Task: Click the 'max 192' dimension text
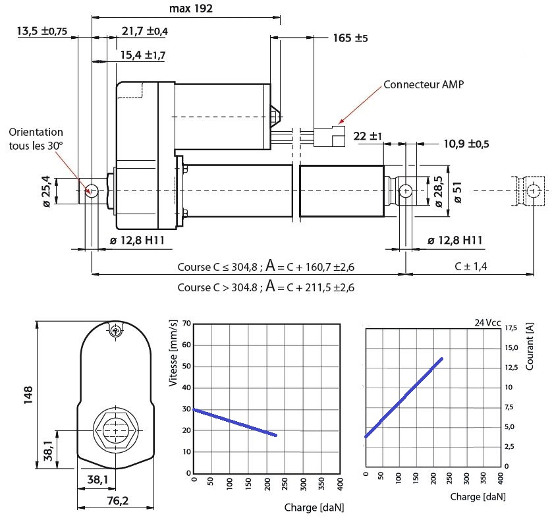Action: pos(191,9)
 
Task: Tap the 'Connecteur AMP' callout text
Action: pos(424,84)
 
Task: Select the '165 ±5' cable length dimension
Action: pos(350,38)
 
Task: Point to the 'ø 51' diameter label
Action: pos(458,192)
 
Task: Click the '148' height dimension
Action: pos(28,395)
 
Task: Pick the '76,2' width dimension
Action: pos(118,500)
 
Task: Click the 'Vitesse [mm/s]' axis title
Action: pos(173,353)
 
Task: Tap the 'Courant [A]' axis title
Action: pos(530,346)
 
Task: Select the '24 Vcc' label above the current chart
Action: pos(487,323)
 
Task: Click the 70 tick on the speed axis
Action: pos(187,324)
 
